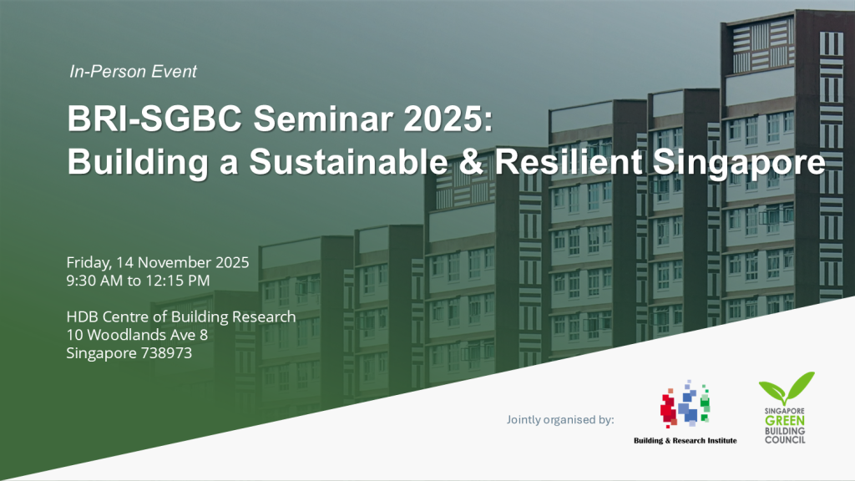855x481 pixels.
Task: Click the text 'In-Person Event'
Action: pyautogui.click(x=134, y=72)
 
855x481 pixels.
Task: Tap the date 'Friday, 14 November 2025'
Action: pyautogui.click(x=158, y=262)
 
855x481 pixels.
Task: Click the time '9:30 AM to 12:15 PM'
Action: pyautogui.click(x=138, y=280)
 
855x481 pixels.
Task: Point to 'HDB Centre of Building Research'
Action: pyautogui.click(x=181, y=317)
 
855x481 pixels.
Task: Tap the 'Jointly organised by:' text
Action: pyautogui.click(x=560, y=418)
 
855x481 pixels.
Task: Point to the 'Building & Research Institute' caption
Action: pyautogui.click(x=685, y=440)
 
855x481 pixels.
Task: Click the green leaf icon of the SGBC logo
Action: pyautogui.click(x=785, y=389)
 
